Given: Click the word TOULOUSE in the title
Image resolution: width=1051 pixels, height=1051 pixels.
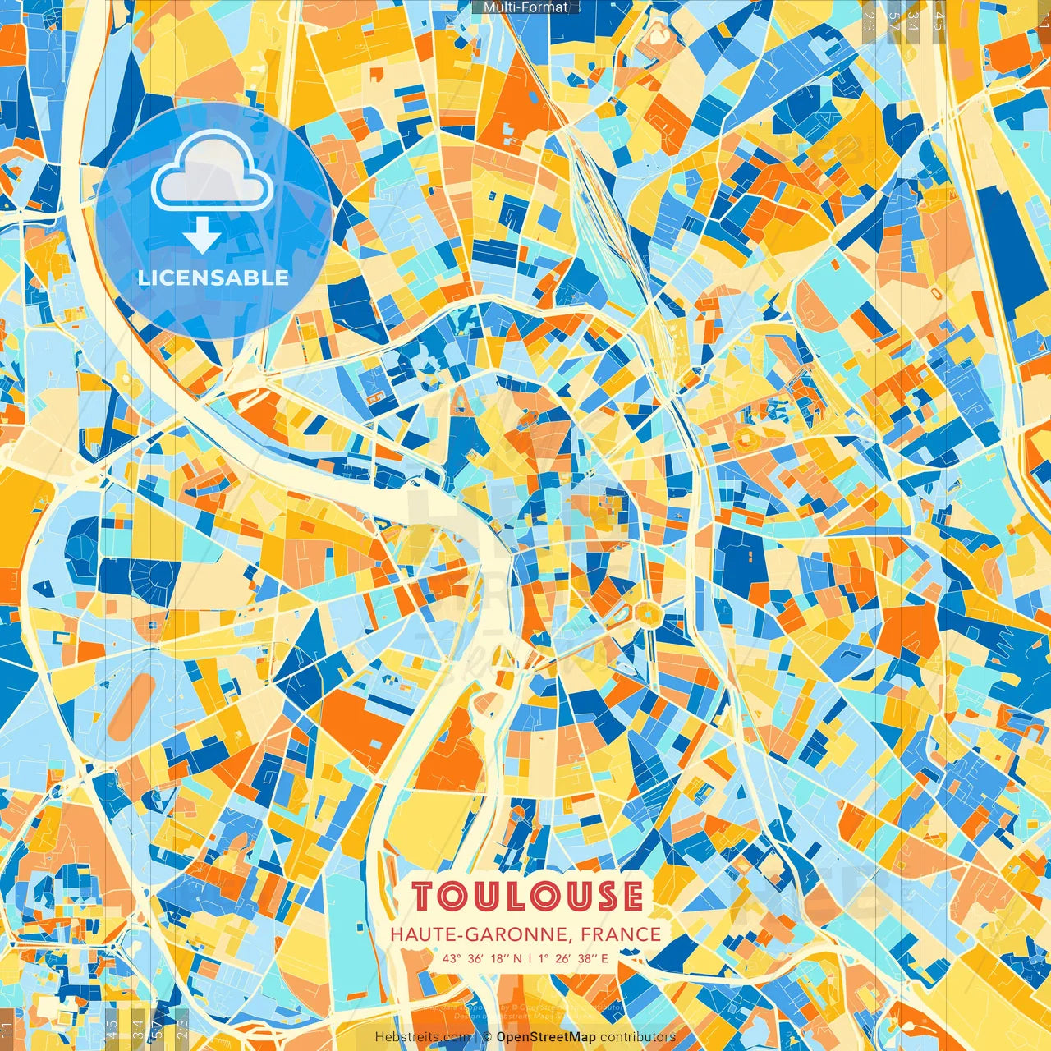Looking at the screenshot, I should click(527, 897).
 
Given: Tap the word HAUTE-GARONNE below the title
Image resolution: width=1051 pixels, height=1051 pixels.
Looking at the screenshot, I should click(481, 934).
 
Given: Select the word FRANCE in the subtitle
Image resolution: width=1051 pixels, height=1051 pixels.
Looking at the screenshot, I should click(621, 934).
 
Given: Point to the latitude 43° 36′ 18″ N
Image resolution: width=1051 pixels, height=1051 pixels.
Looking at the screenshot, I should click(482, 957).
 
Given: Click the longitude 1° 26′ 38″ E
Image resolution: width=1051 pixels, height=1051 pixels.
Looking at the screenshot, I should click(574, 957).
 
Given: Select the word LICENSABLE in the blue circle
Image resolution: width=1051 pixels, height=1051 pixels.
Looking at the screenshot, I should click(213, 278).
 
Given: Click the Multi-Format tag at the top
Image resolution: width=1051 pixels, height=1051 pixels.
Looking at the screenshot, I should click(525, 7).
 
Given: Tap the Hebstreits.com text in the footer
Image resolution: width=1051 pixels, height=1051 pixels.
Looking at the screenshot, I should click(422, 1037).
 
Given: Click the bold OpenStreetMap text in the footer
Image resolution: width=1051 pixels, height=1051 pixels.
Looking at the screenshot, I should click(546, 1037).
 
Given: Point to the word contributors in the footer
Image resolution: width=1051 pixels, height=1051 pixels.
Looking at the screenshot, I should click(638, 1037).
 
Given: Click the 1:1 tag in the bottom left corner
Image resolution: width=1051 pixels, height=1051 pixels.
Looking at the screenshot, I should click(7, 1027).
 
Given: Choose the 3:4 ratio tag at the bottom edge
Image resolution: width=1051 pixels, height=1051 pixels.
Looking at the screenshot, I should click(137, 1027).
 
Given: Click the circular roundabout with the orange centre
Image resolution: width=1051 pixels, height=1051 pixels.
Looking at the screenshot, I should click(648, 612).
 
